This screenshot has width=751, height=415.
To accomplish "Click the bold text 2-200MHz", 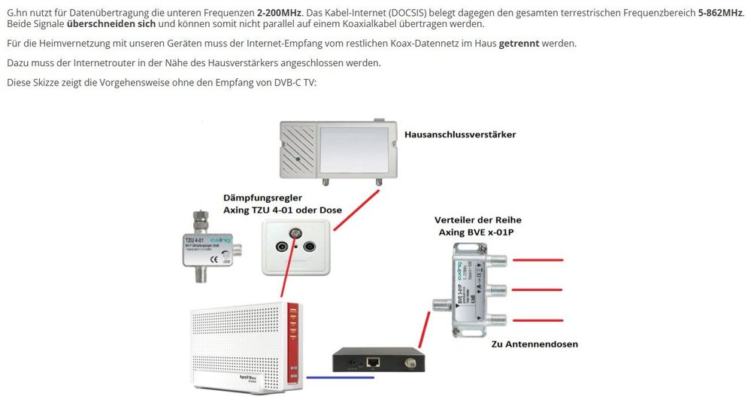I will (279, 14).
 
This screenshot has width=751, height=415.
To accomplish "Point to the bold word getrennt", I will (519, 43).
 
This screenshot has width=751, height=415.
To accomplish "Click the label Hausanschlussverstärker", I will (460, 135).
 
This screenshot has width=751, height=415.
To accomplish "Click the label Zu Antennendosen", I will (534, 345).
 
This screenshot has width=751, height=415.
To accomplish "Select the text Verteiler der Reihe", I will (477, 220).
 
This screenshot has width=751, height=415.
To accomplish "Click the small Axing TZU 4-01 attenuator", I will (207, 246).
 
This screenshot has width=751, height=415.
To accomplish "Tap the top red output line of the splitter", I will (537, 261).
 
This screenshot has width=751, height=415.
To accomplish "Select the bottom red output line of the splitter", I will (537, 320).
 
